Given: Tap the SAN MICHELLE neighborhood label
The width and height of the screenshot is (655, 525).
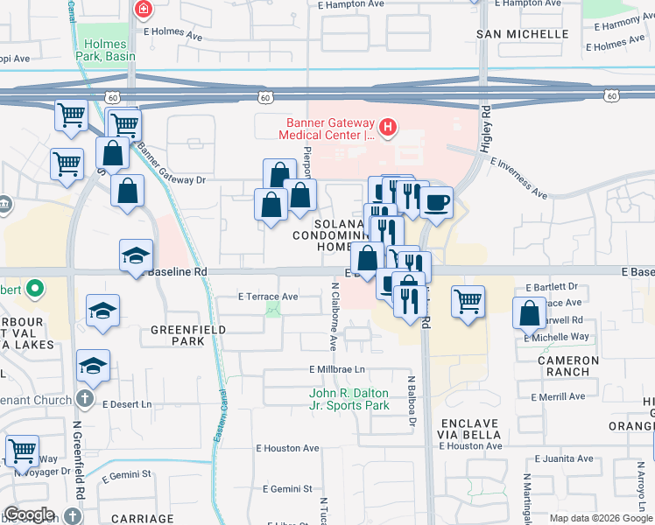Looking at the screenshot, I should pos(522,34).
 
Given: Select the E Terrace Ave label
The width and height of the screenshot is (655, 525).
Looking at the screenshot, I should pos(268,297).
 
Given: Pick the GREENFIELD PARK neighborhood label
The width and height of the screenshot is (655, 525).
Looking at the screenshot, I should pos(188,335).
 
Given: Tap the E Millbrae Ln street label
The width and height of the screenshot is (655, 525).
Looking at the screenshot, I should pos(335,369).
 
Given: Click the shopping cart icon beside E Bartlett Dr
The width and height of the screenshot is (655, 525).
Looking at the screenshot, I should pos(468,302).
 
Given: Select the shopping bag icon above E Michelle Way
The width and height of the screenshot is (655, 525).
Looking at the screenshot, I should pos(530,313).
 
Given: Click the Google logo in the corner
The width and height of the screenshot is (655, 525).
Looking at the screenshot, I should pos(29,514).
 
